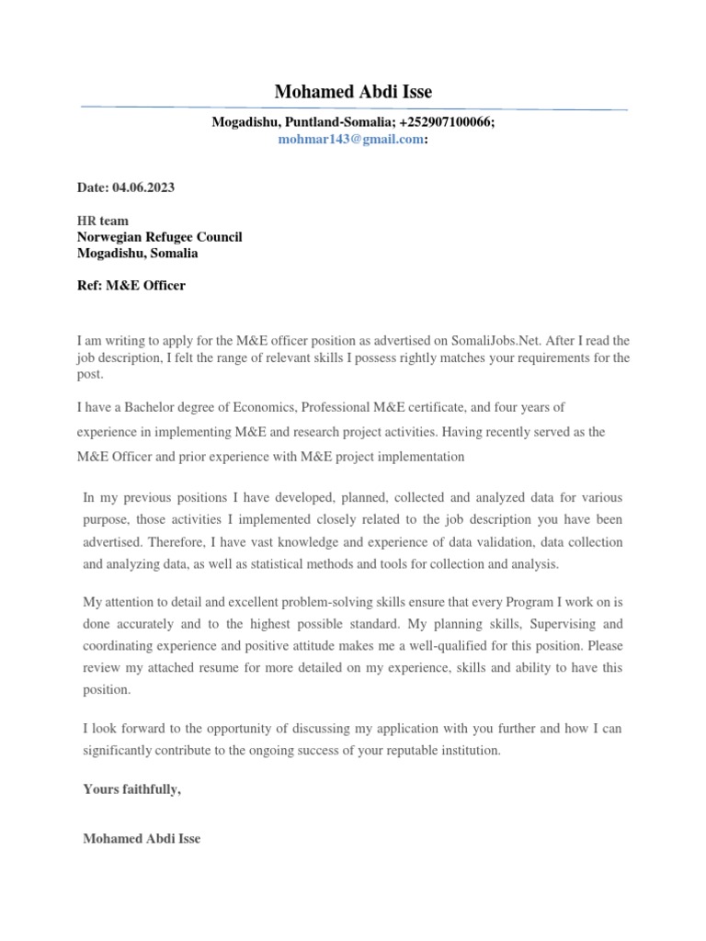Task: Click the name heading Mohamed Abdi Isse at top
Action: (353, 92)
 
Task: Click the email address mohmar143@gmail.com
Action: (350, 140)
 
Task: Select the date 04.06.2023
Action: (143, 187)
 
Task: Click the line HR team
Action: (103, 221)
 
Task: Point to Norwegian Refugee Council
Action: (159, 237)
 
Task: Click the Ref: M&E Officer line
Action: (131, 286)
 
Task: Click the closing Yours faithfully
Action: (132, 788)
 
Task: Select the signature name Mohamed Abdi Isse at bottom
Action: (142, 839)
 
